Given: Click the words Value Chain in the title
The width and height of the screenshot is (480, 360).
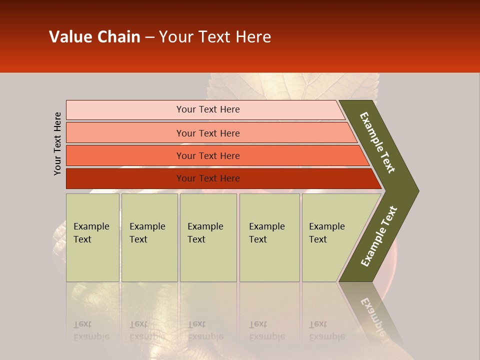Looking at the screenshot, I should click(94, 37).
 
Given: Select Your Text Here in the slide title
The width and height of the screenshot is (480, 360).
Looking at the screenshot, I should click(215, 37).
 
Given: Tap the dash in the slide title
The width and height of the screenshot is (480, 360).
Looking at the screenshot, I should click(149, 37).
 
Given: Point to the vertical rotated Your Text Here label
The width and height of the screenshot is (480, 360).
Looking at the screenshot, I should click(57, 143).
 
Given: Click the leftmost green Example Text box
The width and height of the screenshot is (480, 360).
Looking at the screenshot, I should click(92, 237).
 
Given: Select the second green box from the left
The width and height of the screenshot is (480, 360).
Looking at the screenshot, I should click(149, 237).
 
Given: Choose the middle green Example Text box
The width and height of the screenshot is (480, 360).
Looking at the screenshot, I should click(208, 237).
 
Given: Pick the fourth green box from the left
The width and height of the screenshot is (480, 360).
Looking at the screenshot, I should click(269, 237).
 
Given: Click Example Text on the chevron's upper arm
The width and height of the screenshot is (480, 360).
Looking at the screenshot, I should click(377, 142).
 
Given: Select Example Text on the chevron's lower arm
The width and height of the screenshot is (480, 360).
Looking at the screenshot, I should click(379, 236).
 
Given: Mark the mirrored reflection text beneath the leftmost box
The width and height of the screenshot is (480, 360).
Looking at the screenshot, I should click(91, 330).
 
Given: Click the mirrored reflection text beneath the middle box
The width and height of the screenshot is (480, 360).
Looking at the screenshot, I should click(205, 330).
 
